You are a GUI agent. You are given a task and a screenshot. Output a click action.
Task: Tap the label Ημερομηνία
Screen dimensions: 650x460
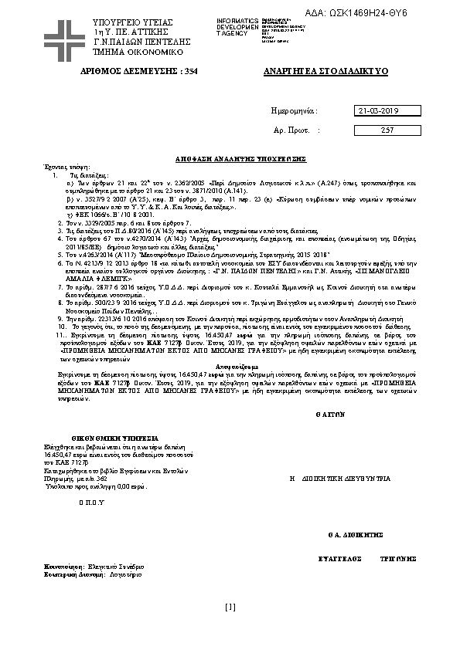[x=294, y=111]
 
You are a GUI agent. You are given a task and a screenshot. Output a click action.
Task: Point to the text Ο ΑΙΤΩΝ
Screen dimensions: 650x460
[x=329, y=415]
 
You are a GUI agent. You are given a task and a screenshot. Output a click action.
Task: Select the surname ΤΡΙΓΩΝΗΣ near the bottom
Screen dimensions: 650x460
[x=396, y=557]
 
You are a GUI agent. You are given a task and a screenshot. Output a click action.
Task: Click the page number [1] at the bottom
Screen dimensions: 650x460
[x=230, y=606]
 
